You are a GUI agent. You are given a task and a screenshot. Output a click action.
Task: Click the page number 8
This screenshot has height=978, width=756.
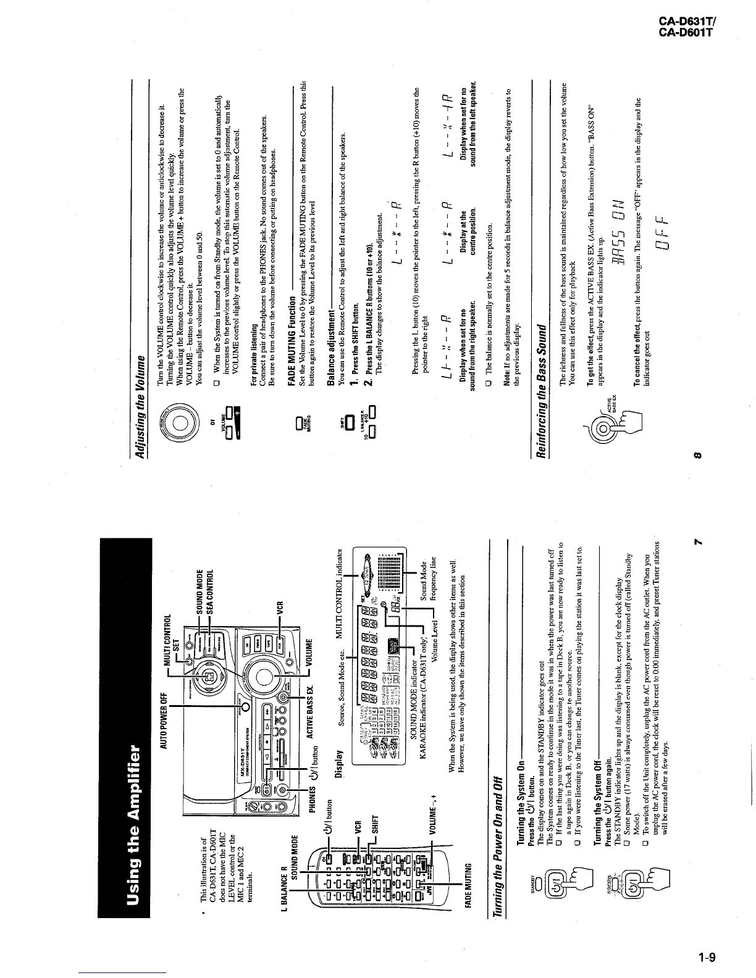pos(696,456)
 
